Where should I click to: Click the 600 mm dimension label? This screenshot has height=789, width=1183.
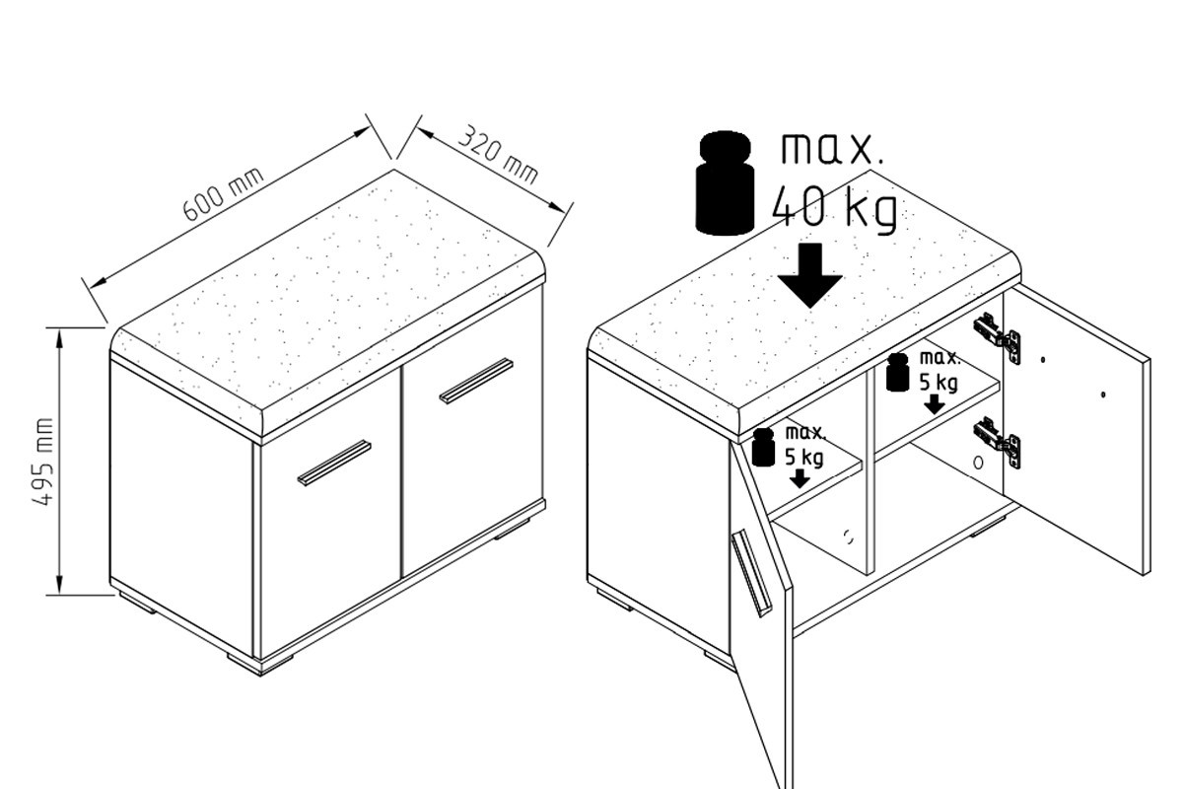point(223,194)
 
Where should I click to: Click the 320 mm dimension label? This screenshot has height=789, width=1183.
point(498,154)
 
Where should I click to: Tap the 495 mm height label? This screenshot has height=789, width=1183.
point(43,462)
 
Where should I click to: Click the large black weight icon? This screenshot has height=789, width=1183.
point(724,182)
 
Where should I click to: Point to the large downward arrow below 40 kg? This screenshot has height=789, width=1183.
point(809,275)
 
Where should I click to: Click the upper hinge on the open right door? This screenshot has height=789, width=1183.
point(997,338)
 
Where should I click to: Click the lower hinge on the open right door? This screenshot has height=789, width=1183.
point(997,442)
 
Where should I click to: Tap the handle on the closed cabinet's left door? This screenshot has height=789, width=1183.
point(334,463)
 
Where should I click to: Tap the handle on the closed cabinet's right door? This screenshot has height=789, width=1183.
point(476,381)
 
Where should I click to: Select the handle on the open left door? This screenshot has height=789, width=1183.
point(750,573)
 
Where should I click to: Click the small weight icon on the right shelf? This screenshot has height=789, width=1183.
point(897,372)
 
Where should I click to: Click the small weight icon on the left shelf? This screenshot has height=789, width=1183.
point(763,447)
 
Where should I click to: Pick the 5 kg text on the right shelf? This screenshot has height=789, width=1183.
point(938,383)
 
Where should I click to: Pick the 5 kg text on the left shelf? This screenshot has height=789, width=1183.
point(803,458)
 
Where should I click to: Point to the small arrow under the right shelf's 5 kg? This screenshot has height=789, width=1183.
point(935,404)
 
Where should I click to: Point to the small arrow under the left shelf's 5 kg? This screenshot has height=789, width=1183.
point(800,478)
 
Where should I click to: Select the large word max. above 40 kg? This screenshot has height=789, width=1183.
point(832,149)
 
